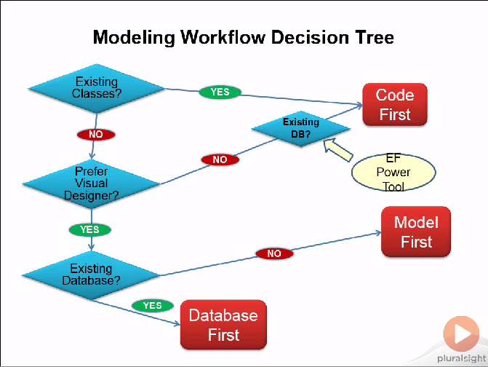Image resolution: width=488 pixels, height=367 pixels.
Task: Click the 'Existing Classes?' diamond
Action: click(95, 87)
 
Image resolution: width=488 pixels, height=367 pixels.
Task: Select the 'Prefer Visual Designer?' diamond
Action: click(92, 183)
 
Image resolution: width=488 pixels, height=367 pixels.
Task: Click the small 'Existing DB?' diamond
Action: click(301, 128)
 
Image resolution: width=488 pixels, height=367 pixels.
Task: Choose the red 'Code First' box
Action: click(395, 105)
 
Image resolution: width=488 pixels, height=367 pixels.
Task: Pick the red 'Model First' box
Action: click(416, 232)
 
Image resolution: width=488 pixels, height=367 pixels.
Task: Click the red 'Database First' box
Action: click(223, 325)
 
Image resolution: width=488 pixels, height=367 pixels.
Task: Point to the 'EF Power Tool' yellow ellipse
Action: click(393, 173)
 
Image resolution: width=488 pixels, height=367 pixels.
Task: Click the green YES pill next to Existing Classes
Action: click(220, 92)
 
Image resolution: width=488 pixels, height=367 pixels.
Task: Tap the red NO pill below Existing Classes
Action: click(95, 135)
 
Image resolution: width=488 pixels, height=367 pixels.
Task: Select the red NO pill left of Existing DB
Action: click(220, 159)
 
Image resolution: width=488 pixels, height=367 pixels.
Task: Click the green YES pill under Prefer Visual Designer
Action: click(89, 229)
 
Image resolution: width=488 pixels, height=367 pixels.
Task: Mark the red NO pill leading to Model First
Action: click(274, 253)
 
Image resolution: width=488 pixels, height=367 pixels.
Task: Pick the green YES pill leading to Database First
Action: click(152, 305)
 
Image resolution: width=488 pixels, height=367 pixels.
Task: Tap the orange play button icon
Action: click(461, 334)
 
